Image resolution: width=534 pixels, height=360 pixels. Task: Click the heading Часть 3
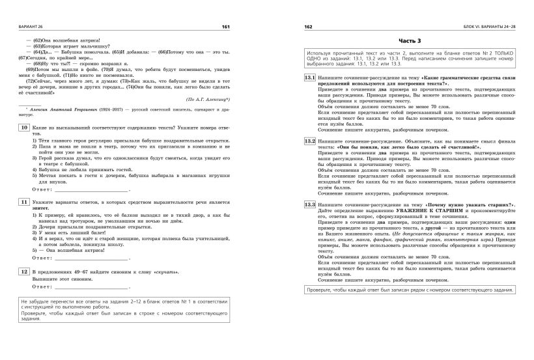pos(409,41)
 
